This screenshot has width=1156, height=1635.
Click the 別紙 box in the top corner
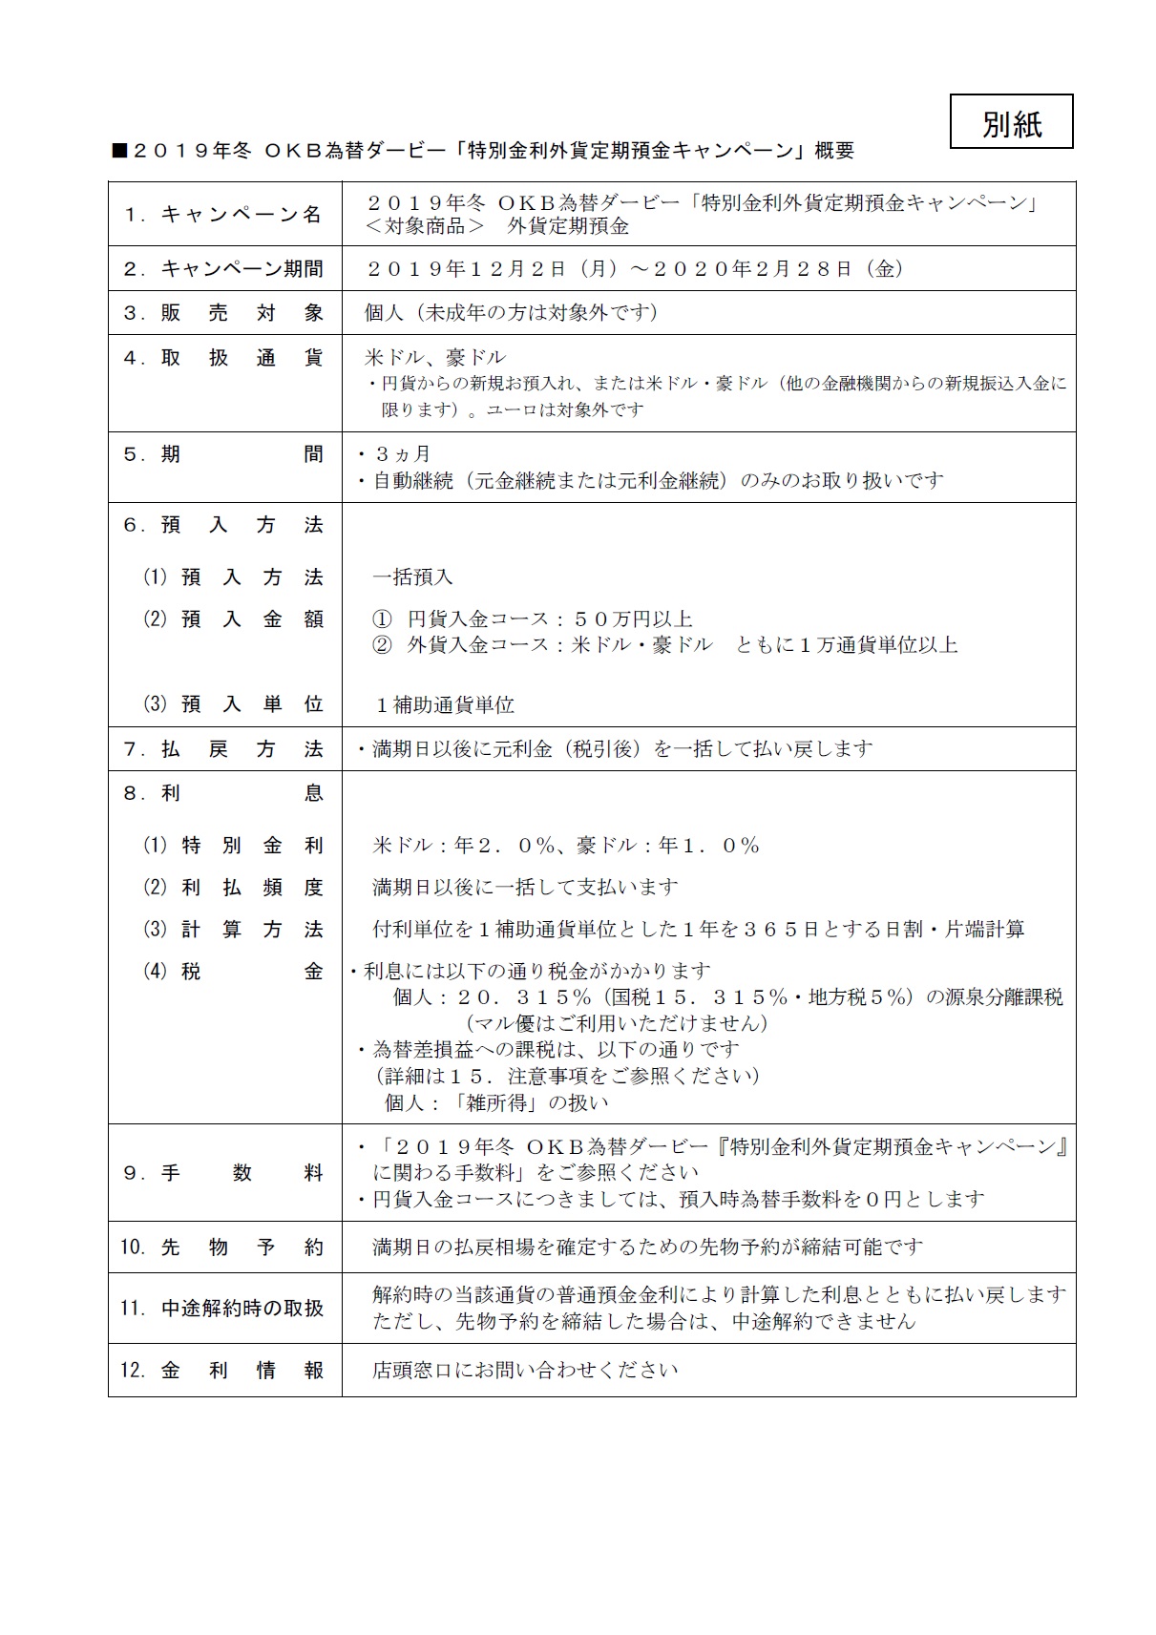pos(1011,121)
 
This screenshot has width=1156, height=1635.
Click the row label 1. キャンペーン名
pos(223,214)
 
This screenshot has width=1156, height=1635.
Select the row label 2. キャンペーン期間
pos(223,269)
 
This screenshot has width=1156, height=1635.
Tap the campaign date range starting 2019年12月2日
pos(635,269)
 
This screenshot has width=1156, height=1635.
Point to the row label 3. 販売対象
pos(223,313)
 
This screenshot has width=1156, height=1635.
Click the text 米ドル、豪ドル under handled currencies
pos(435,358)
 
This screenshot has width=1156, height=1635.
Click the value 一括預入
pos(412,577)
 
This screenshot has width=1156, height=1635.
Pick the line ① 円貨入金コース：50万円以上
pos(532,619)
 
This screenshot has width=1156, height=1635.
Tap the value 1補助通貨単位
pos(445,705)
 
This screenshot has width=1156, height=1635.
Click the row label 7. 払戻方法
pos(223,749)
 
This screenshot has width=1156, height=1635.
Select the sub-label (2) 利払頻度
pos(233,888)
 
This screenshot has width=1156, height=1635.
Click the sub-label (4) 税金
pos(233,972)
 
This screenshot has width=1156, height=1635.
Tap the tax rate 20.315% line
pos(727,997)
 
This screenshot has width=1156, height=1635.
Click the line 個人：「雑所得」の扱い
pos(495,1102)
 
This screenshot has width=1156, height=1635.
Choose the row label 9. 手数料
pos(223,1173)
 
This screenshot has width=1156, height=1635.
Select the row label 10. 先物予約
pos(223,1247)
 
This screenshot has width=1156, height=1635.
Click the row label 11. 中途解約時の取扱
pos(223,1309)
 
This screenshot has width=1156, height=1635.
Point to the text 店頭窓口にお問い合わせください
pos(525,1371)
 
